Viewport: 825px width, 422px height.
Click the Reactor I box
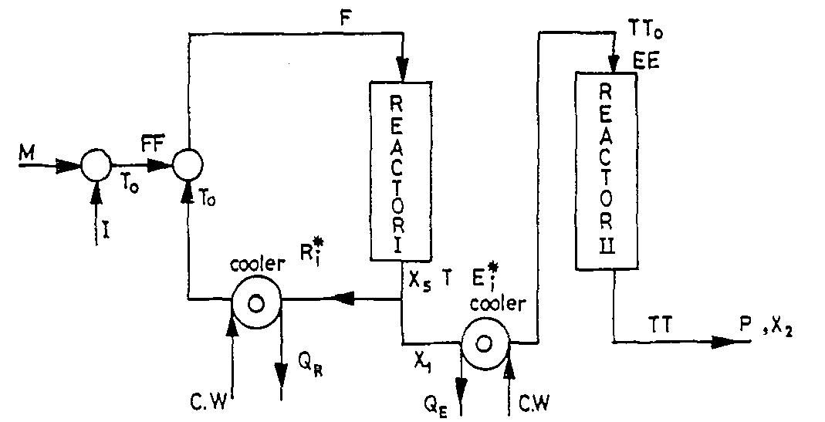pyautogui.click(x=401, y=173)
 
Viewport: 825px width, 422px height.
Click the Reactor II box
pyautogui.click(x=607, y=170)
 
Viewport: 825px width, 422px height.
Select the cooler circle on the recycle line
pyautogui.click(x=255, y=302)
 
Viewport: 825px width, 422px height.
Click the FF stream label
pyautogui.click(x=152, y=144)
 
